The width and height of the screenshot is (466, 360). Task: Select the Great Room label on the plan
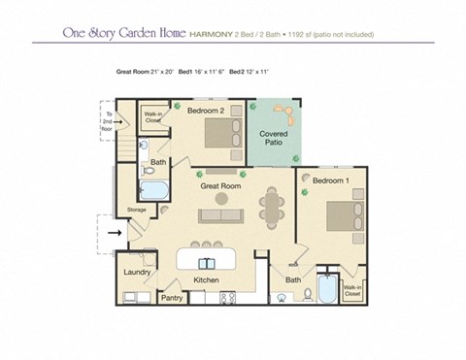[220, 184]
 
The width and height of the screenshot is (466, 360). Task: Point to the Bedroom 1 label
[333, 180]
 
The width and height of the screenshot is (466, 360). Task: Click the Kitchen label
[206, 280]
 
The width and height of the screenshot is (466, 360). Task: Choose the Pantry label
[172, 297]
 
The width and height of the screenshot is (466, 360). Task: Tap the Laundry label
[137, 273]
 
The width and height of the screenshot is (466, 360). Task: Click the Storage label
[137, 210]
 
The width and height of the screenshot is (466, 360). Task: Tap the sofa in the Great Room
[220, 215]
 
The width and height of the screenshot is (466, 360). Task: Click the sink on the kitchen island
[207, 263]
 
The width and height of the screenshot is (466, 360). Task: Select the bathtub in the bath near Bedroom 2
[153, 188]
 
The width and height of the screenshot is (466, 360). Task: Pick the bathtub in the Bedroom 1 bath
[326, 289]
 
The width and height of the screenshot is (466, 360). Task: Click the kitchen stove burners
[230, 298]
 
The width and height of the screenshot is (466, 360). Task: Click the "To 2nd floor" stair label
[109, 120]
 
